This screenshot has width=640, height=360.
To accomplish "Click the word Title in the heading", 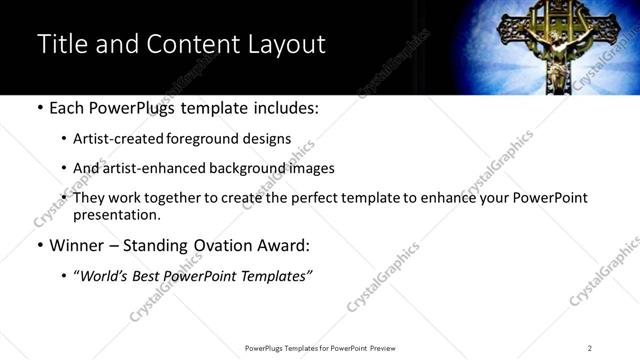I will click(62, 45).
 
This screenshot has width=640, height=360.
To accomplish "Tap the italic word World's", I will click(104, 276).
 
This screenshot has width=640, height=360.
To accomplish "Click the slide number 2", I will click(590, 348).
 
